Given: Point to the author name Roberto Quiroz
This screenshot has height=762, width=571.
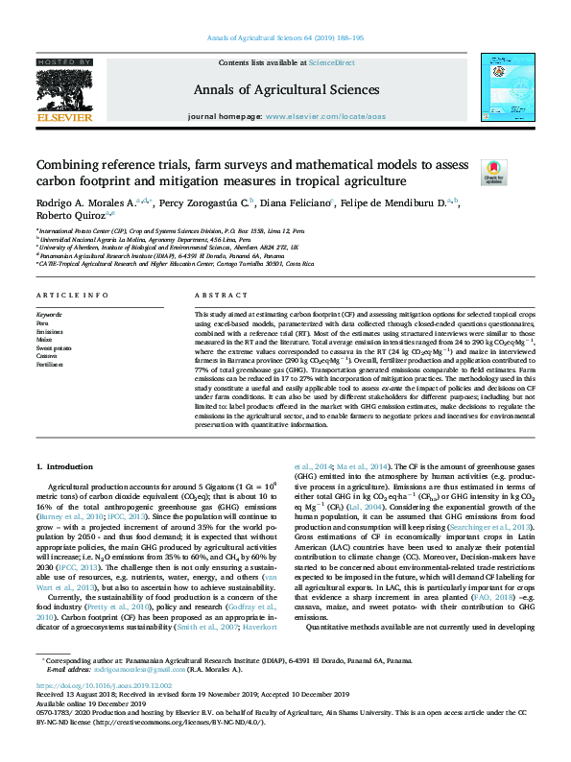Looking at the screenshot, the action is (65, 217).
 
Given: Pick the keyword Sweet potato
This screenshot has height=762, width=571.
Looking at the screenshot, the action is (53, 347).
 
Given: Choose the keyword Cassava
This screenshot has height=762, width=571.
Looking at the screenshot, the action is (48, 356).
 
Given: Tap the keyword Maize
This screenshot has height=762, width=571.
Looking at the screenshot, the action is (46, 339).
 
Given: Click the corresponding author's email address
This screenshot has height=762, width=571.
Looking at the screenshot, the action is (124, 698).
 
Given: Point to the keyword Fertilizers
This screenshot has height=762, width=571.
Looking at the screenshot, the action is (50, 365).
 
